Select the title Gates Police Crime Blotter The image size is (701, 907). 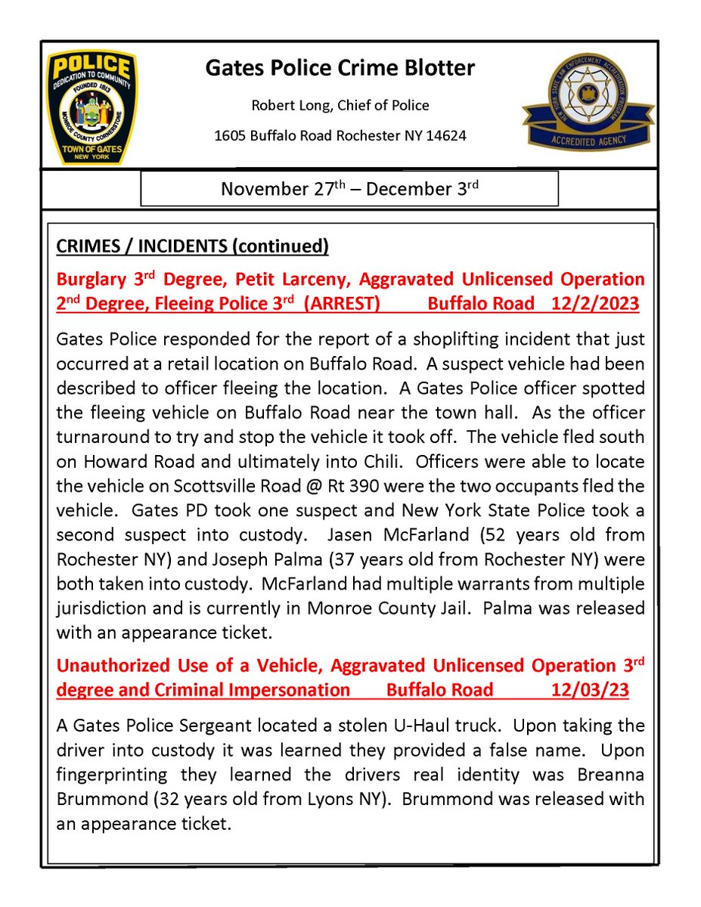(340, 69)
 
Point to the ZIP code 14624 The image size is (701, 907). (445, 136)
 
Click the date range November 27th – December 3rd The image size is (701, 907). (349, 189)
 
